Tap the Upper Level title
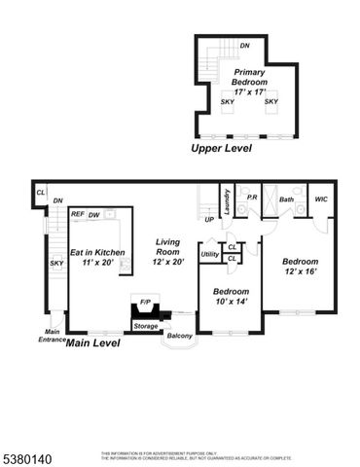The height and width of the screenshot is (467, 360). click(221, 149)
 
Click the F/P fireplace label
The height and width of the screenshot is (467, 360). click(145, 302)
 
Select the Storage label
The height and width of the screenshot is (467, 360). click(146, 326)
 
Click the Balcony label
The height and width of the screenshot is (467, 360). click(179, 336)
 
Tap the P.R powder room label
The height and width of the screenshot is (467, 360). click(251, 198)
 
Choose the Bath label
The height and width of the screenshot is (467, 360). click(286, 198)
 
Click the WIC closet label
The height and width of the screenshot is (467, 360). click(320, 198)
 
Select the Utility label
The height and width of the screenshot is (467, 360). click(209, 254)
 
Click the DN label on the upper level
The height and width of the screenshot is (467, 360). click(244, 45)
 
